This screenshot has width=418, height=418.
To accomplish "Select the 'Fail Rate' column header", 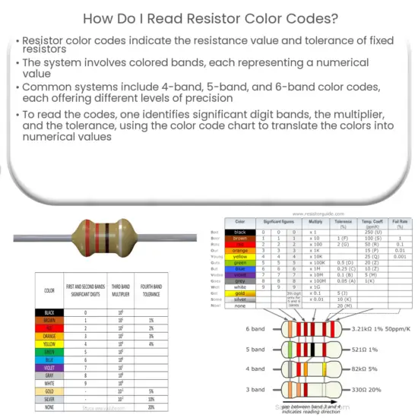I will coord(398,225).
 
